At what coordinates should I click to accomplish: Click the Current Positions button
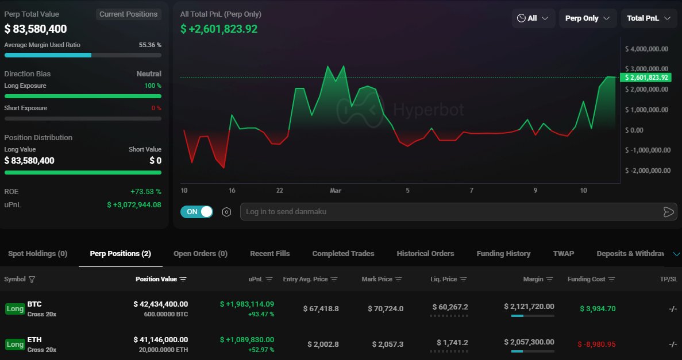[128, 14]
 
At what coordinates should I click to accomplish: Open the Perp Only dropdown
[587, 18]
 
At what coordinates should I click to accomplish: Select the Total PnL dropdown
[648, 18]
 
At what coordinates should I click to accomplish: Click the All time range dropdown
[533, 18]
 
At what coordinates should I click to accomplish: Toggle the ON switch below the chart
[196, 212]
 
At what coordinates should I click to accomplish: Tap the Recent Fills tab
[269, 253]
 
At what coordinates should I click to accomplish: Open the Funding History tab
[503, 253]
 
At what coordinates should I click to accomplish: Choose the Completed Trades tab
[343, 253]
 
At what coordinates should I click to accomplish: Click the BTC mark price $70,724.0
[386, 308]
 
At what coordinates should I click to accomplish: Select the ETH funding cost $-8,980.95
[596, 344]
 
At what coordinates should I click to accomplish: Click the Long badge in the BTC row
[15, 309]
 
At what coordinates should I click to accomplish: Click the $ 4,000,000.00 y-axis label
[646, 49]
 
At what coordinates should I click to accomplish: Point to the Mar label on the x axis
[336, 190]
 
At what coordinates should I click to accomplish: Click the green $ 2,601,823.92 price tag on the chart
[646, 77]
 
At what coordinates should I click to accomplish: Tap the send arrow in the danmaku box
[668, 212]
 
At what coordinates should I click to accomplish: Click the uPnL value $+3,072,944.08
[134, 204]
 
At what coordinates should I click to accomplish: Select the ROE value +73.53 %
[145, 191]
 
